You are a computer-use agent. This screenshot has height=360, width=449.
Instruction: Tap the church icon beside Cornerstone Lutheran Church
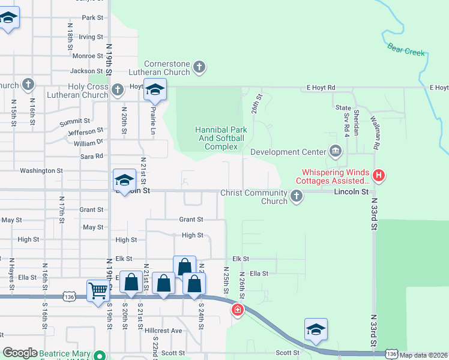coord(200,68)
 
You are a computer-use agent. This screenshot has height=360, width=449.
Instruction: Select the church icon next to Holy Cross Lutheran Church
coord(118,91)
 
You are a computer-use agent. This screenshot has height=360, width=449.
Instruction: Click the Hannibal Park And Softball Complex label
coord(220,138)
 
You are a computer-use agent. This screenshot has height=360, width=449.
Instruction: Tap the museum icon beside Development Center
coord(335,152)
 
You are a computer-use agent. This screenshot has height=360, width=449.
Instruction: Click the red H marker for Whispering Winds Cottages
coord(378,176)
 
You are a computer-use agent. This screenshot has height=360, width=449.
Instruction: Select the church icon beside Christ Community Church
coord(296,196)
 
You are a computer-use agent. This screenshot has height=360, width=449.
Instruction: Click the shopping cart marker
coord(98,292)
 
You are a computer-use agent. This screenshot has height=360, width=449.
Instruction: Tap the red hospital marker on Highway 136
coord(238,310)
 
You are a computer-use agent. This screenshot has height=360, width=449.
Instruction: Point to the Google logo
coord(20,353)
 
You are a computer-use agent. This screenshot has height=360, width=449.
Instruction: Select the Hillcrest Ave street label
coord(163,331)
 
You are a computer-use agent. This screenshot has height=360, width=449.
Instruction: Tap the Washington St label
coord(41,171)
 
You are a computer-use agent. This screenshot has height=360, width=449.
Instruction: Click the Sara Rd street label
coord(91,156)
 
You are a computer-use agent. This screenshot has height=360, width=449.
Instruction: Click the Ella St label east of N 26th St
coord(259,274)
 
